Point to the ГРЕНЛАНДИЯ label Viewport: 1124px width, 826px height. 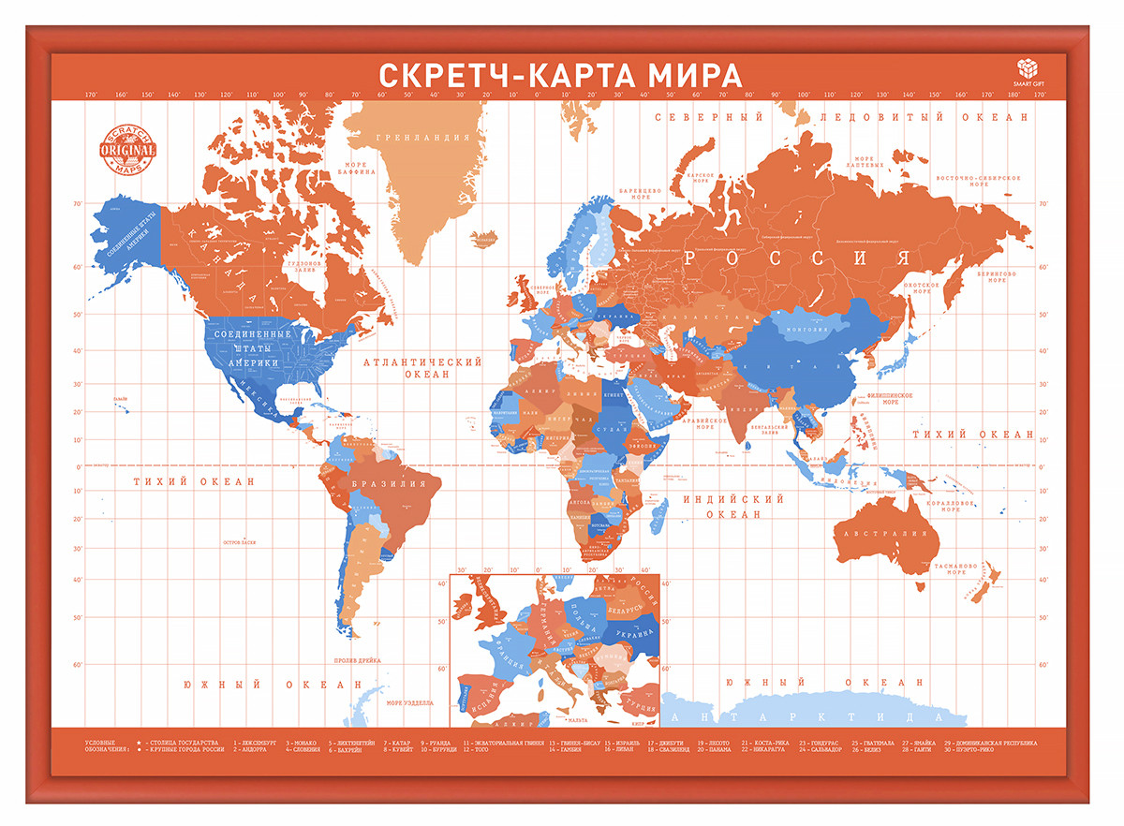pyautogui.click(x=422, y=138)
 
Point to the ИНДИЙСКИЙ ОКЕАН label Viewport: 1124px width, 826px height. pyautogui.click(x=733, y=507)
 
